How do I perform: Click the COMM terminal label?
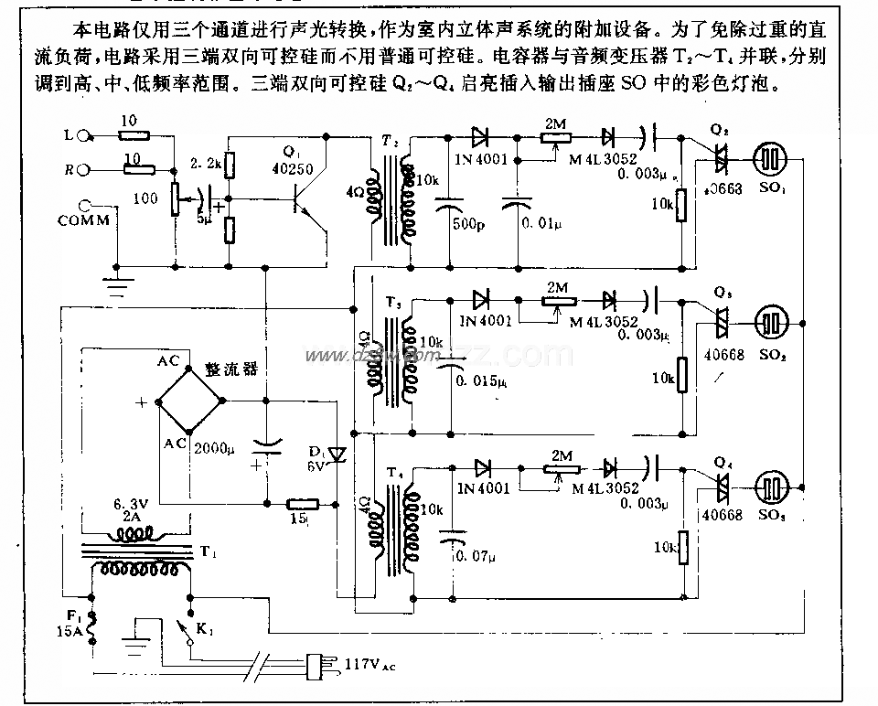click(x=83, y=220)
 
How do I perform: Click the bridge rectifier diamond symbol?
click(x=190, y=400)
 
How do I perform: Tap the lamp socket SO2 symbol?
click(x=771, y=323)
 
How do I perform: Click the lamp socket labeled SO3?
click(x=771, y=487)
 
